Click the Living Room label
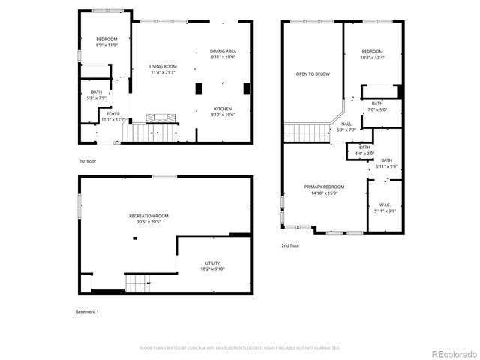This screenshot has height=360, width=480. (163, 66)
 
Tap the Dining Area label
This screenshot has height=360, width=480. (223, 51)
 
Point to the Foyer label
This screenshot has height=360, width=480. (112, 114)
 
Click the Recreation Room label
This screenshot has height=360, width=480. (148, 216)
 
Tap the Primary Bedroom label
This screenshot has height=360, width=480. (324, 187)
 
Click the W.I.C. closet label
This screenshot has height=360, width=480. (385, 205)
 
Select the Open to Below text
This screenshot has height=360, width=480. (313, 73)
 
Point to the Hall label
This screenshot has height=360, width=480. (346, 124)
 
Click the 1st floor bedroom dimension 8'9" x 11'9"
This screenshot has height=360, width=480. (106, 46)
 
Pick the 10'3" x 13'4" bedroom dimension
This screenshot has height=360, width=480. (372, 57)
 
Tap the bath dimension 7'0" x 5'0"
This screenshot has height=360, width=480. (376, 109)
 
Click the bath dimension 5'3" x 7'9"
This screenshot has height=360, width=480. (96, 97)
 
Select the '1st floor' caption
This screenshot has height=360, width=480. (88, 161)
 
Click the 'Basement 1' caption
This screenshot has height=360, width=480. (87, 311)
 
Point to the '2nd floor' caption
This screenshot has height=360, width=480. (290, 246)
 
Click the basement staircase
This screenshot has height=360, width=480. (137, 283)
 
